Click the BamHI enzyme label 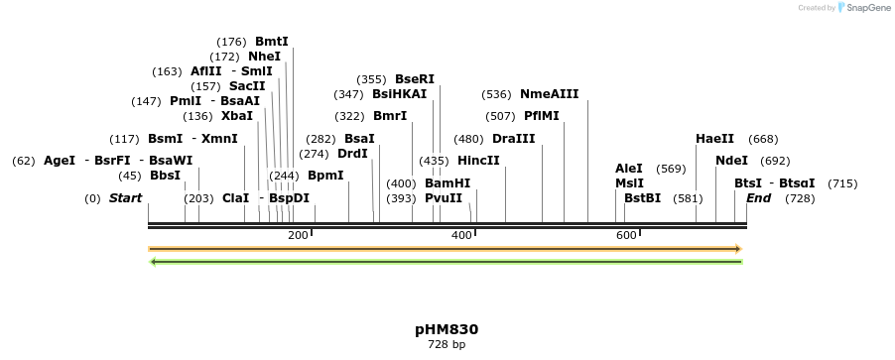pyautogui.click(x=447, y=183)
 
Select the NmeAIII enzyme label pyautogui.click(x=549, y=94)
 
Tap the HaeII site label pyautogui.click(x=714, y=139)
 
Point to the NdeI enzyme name pyautogui.click(x=731, y=161)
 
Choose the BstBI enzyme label pyautogui.click(x=642, y=198)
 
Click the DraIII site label pyautogui.click(x=513, y=139)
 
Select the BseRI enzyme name pyautogui.click(x=415, y=79)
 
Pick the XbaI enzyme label pyautogui.click(x=237, y=116)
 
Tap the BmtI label pyautogui.click(x=272, y=42)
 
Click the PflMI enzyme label pyautogui.click(x=542, y=116)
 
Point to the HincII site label pyautogui.click(x=478, y=161)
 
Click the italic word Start pyautogui.click(x=126, y=198)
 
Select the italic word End pyautogui.click(x=758, y=198)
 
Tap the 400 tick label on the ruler pyautogui.click(x=461, y=235)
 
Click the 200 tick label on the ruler pyautogui.click(x=298, y=235)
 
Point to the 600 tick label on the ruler pyautogui.click(x=625, y=235)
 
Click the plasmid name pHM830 pyautogui.click(x=447, y=328)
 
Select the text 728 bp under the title pyautogui.click(x=447, y=345)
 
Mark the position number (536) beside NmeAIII pyautogui.click(x=495, y=95)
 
